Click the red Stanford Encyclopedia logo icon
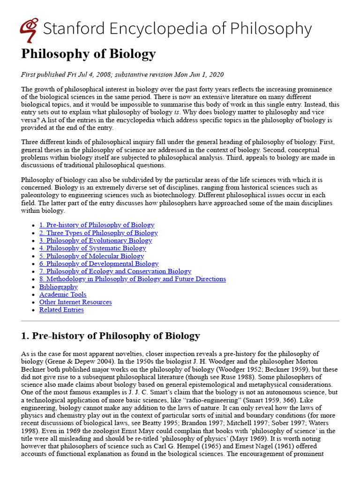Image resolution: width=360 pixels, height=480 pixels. pos(29,30)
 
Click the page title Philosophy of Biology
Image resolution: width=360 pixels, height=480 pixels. pos(88,54)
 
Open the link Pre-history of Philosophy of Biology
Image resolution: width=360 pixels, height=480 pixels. pos(97,225)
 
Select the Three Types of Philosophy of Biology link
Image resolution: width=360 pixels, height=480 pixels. pos(98,233)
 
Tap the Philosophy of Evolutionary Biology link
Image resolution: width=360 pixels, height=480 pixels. pos(96,240)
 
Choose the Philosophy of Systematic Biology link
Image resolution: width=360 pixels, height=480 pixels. pos(92,248)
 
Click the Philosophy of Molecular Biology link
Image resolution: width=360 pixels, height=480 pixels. pos(91,256)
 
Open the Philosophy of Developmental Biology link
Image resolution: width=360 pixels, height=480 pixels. pos(99,263)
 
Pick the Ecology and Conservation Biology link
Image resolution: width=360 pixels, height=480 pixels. pos(115,271)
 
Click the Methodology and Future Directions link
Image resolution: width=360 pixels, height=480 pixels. pos(132,279)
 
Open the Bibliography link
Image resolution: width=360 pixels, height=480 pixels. pos(59,287)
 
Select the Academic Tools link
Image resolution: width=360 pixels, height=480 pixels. pos(63,294)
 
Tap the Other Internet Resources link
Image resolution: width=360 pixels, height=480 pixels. pos(75,302)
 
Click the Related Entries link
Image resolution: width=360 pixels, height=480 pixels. pos(61,310)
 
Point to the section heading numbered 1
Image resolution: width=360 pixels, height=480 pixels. pos(111,336)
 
